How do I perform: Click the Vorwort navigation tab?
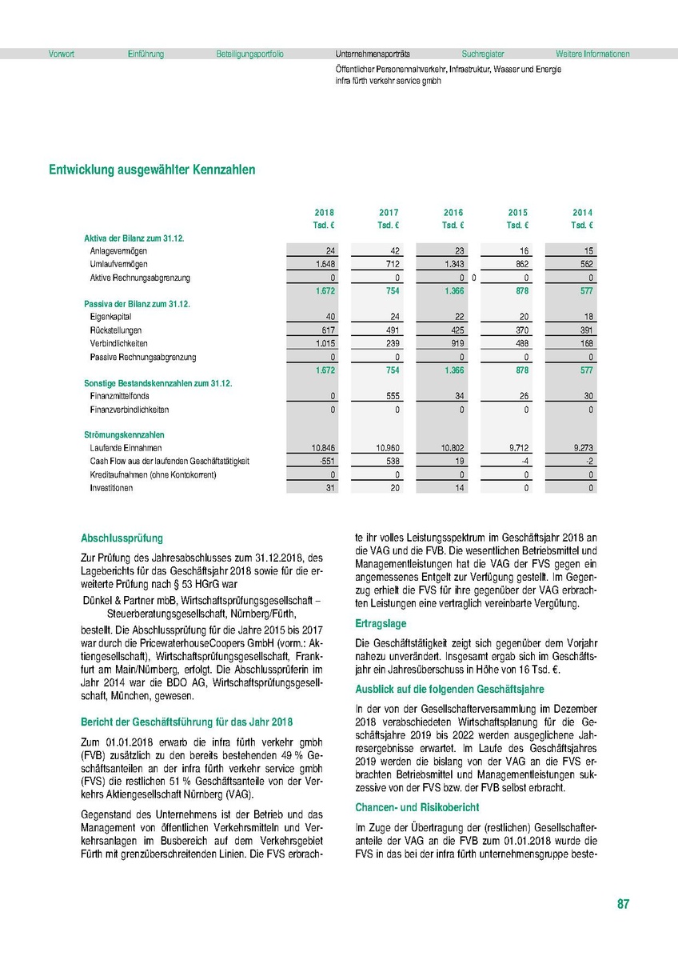point(62,54)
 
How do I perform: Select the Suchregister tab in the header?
point(482,54)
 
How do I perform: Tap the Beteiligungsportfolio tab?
point(249,54)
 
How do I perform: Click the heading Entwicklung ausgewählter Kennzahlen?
point(152,170)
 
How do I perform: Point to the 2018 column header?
point(325,213)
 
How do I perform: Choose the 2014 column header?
point(582,213)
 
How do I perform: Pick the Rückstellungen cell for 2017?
point(389,330)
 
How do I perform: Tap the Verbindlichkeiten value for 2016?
point(453,343)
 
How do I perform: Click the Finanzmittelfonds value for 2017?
point(389,396)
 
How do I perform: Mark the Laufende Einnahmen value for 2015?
point(517,449)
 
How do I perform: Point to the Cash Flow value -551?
point(325,462)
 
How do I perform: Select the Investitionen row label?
point(111,488)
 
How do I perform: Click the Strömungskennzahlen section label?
point(118,435)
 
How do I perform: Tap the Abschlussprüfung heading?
point(122,538)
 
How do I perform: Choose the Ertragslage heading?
point(381,622)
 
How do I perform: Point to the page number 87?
point(623,904)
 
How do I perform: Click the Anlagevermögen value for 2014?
point(587,251)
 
